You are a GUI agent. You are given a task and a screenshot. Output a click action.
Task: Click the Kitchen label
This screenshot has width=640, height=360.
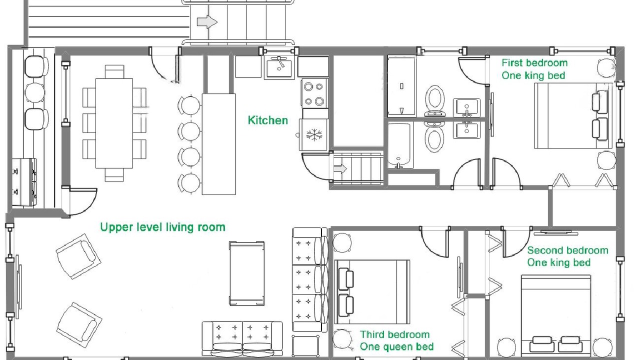(x=267, y=120)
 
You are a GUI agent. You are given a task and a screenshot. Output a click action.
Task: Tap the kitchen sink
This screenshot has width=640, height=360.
(x=279, y=67)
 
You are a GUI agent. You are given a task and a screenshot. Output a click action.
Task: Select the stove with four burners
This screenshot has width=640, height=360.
(x=315, y=93)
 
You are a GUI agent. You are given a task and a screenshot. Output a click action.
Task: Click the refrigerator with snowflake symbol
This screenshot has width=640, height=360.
(x=313, y=134)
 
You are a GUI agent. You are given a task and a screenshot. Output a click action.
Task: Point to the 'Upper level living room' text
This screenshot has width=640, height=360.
(x=162, y=227)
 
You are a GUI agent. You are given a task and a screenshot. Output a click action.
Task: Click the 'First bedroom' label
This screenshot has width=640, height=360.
(x=534, y=63)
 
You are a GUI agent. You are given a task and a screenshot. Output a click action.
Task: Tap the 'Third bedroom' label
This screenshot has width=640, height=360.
(x=394, y=334)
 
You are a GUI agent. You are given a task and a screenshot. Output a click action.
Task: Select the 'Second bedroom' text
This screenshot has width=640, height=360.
(x=567, y=250)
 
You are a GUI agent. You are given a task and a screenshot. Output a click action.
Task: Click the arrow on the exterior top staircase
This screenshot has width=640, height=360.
(x=207, y=22)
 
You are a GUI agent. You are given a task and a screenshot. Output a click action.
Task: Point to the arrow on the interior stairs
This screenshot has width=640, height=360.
(x=340, y=169)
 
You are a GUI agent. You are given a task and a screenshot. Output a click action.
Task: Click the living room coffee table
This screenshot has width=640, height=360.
(x=246, y=273)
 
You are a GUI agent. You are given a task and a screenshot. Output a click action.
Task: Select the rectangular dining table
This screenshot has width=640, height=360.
(x=114, y=123)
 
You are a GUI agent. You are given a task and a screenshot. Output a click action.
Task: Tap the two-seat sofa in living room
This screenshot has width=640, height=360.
(x=242, y=339)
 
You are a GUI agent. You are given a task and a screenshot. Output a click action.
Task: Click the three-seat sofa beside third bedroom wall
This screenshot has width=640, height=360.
(x=309, y=279)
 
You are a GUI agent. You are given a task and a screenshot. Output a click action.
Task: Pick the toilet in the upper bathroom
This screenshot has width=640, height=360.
(x=434, y=101)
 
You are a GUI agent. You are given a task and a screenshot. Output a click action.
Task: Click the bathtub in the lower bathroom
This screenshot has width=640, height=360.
(x=399, y=145)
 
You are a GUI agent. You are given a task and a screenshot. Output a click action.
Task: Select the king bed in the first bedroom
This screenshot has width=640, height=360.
(x=573, y=115)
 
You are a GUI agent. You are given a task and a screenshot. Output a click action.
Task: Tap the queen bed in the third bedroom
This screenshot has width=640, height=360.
(x=372, y=291)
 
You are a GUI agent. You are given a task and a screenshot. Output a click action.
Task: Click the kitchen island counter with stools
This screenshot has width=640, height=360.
(x=219, y=144)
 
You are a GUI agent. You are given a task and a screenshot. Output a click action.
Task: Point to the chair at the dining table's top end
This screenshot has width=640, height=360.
(x=114, y=71)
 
